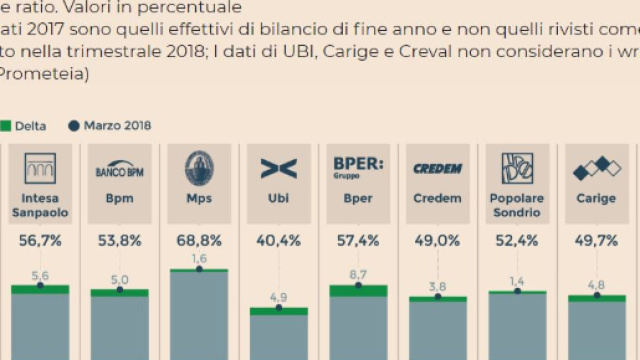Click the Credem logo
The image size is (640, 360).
(437, 169)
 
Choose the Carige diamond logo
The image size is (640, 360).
(597, 169)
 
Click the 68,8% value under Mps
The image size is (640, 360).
(199, 240)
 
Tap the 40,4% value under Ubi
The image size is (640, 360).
(279, 240)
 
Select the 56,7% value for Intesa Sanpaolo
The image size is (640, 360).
(40, 240)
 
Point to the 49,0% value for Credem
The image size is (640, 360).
(437, 240)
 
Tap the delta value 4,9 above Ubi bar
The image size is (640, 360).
(279, 296)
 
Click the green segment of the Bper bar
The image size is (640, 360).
(358, 290)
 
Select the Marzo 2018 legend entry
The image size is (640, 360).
(110, 126)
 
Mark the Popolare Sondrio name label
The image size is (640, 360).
(517, 205)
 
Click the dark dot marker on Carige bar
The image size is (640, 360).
(597, 297)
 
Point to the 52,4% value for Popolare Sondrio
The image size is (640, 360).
(517, 240)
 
